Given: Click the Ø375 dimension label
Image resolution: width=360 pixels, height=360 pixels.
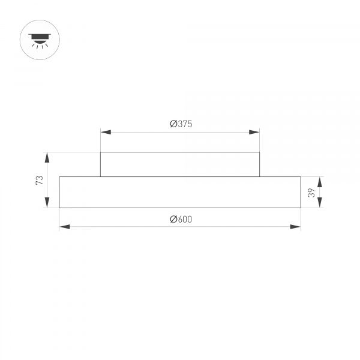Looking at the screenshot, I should point(180,124).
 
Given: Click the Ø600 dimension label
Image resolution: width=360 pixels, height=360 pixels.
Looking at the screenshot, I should point(180,220).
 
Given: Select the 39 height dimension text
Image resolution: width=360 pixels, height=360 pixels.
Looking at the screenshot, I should point(311,192).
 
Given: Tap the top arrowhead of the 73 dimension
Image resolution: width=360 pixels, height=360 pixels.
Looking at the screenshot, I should point(47,157).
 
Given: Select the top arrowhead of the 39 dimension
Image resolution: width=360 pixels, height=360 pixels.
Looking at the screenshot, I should point(320,181).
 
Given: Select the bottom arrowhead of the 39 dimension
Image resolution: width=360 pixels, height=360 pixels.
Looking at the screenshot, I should point(320,204).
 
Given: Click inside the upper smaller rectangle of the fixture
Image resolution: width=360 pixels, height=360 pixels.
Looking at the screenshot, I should point(180,164).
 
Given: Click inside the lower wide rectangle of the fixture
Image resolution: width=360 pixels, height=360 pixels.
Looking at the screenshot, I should point(180,192).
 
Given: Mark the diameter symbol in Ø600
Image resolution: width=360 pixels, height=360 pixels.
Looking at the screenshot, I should point(172,220).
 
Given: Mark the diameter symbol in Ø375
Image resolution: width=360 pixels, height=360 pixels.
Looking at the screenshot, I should point(172,124).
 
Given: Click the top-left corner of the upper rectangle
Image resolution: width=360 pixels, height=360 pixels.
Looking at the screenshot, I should point(100,152).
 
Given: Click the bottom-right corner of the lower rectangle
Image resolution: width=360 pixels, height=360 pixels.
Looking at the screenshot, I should point(300,208).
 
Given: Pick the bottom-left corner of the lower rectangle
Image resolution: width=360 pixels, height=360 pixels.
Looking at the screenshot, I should point(59,208).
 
